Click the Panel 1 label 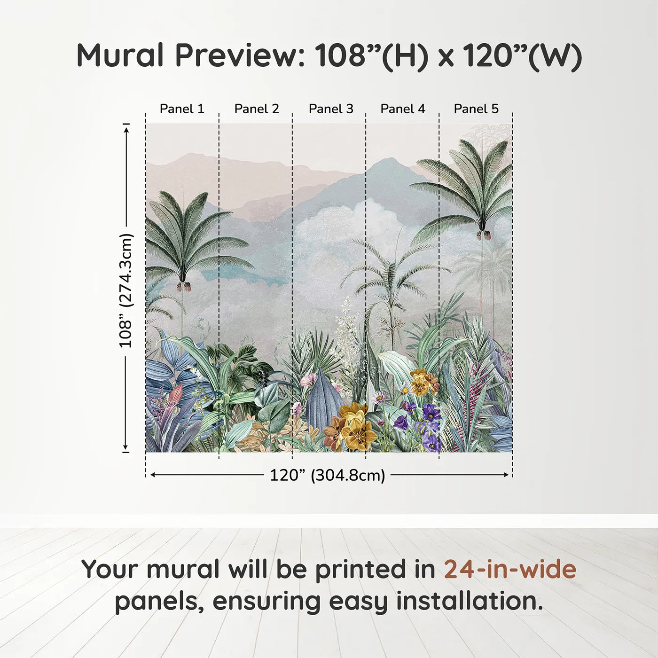coord(182,109)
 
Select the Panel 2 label coord(257,109)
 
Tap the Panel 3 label coord(331,109)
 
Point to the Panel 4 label coord(403,109)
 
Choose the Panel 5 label coord(476,109)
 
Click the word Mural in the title coord(121,55)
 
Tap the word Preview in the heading coord(240,55)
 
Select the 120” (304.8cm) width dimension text coord(327,475)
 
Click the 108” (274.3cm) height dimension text coord(126,290)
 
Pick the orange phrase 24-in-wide coord(510,569)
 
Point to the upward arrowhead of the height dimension coord(126,128)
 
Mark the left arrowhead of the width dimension coord(152,475)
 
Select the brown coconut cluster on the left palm coord(184,286)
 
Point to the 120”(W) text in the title coord(522,55)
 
